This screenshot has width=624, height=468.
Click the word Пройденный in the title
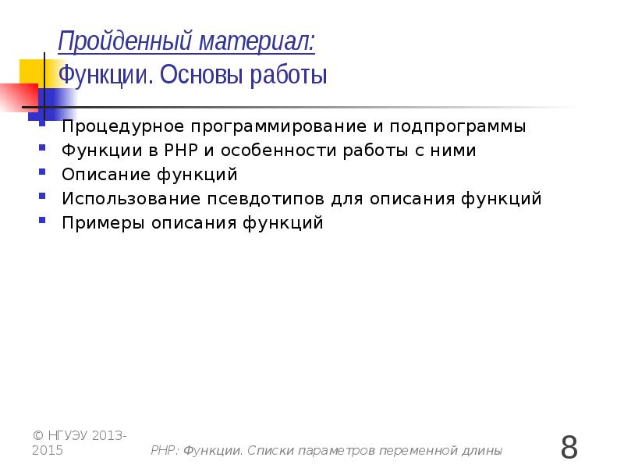(114, 41)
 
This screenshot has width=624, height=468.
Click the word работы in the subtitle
(290, 76)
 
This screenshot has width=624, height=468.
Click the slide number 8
(569, 448)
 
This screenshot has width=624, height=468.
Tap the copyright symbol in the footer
(38, 435)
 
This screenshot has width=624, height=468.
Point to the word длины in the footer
(481, 451)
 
